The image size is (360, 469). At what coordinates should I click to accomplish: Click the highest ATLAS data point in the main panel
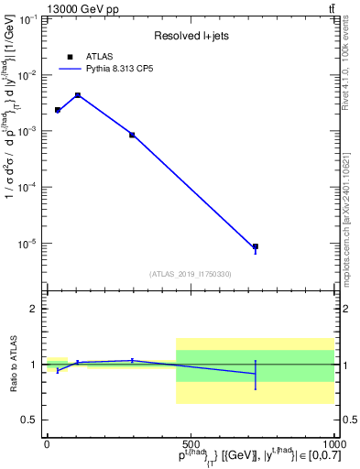(78, 95)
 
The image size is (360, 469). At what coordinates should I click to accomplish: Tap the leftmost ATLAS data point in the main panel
(58, 110)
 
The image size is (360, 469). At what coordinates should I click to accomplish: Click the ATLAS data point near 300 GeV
(132, 135)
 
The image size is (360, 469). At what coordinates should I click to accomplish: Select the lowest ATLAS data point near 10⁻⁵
(256, 246)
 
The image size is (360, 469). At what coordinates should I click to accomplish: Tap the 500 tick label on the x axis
(191, 443)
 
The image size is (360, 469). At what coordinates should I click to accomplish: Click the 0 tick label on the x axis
(47, 443)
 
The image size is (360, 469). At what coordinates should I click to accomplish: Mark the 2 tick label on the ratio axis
(35, 309)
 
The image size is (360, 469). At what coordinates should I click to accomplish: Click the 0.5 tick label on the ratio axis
(31, 420)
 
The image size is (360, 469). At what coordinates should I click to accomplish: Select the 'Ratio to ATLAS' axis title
(12, 364)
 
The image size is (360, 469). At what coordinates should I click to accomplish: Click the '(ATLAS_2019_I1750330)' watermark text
(191, 274)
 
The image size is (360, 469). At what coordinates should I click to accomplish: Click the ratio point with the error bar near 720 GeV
(256, 374)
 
